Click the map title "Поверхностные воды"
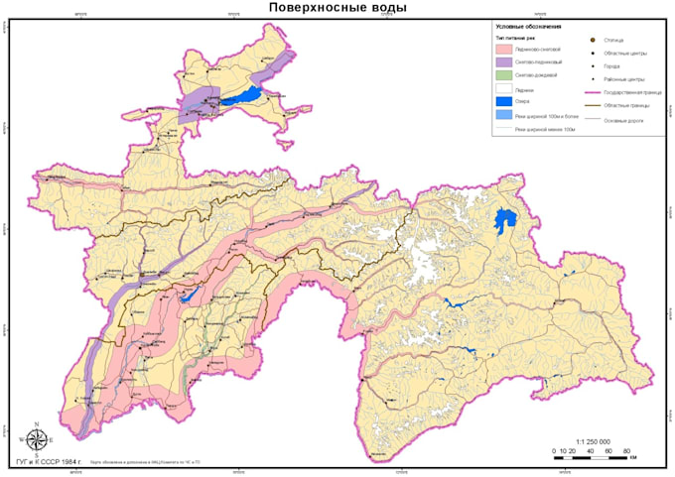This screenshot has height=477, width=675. (337, 9)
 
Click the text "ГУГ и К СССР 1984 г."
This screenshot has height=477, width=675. (49, 463)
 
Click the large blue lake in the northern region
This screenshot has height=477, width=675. (242, 97)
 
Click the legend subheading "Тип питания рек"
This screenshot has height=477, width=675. (515, 37)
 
